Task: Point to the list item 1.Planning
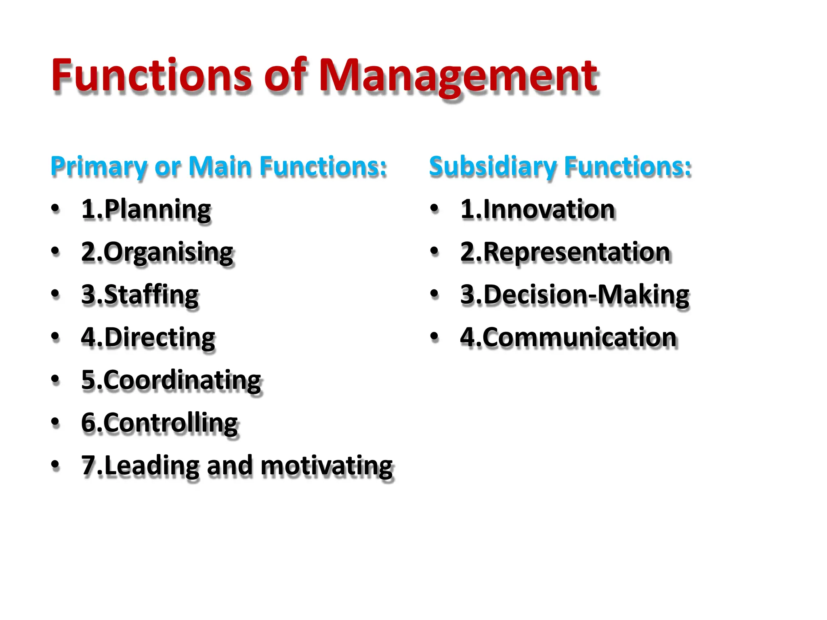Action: click(146, 210)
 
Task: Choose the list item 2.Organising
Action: click(157, 253)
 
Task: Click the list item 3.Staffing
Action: click(140, 295)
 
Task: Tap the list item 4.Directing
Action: click(148, 338)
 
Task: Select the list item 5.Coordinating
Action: click(171, 381)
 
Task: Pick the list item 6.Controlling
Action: click(160, 423)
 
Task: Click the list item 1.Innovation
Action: click(537, 210)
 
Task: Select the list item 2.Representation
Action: click(565, 253)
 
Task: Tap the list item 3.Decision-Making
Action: click(575, 295)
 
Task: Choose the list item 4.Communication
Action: click(568, 338)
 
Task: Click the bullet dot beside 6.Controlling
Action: click(55, 422)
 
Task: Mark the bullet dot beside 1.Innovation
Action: click(434, 209)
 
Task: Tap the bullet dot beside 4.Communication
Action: click(434, 337)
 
